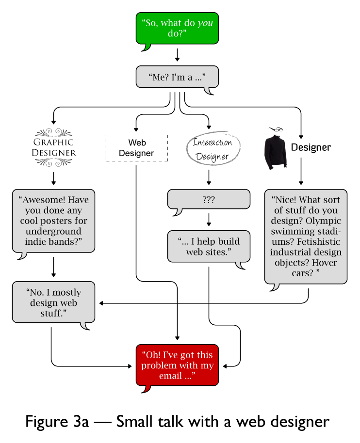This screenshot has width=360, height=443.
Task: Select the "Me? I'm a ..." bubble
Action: pyautogui.click(x=177, y=77)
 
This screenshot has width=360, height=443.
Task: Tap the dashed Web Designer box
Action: pyautogui.click(x=136, y=148)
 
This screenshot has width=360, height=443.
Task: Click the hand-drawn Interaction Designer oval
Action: pyautogui.click(x=213, y=149)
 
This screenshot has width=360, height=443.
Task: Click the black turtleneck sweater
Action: pyautogui.click(x=276, y=152)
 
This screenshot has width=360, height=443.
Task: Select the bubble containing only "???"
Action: pyautogui.click(x=209, y=199)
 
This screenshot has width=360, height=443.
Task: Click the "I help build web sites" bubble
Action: pyautogui.click(x=209, y=247)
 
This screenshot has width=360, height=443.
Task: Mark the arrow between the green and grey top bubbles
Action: pyautogui.click(x=177, y=54)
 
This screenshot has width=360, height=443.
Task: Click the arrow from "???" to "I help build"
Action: pyautogui.click(x=209, y=219)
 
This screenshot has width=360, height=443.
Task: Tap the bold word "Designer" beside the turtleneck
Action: pyautogui.click(x=311, y=147)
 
